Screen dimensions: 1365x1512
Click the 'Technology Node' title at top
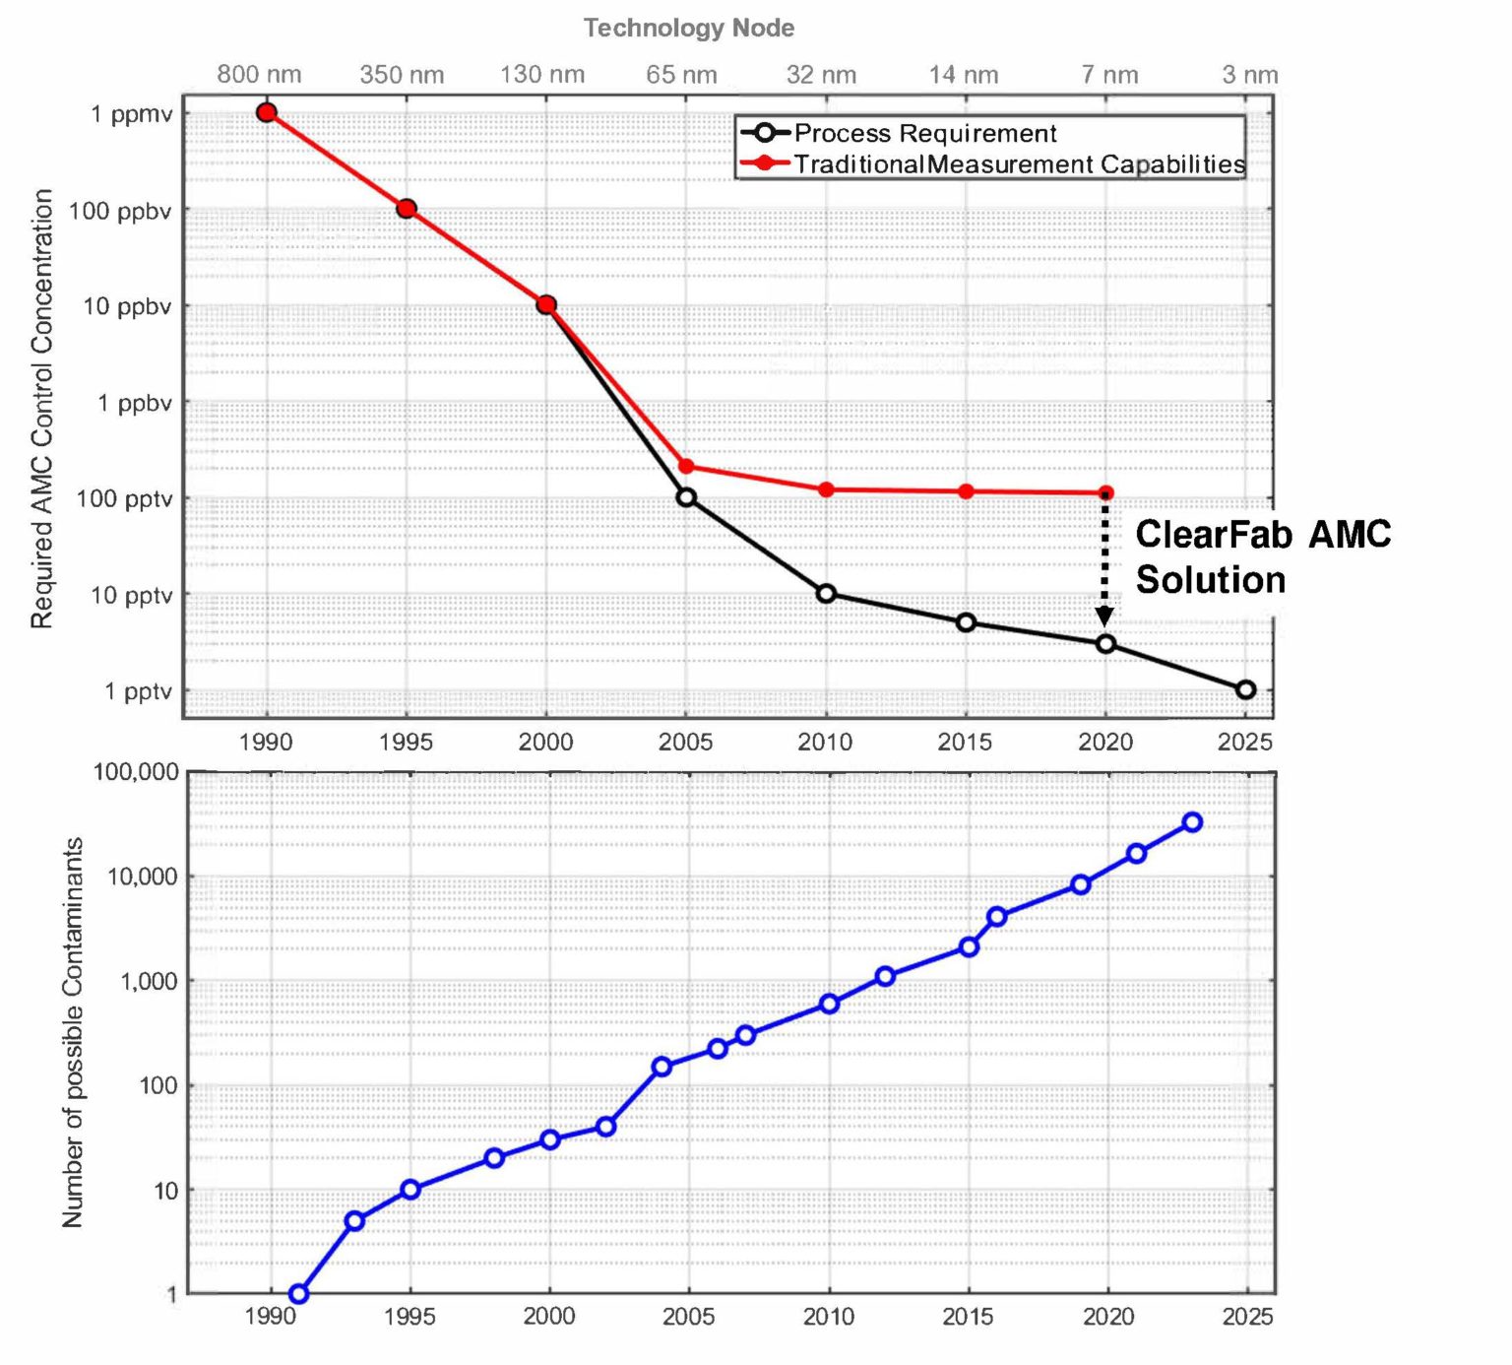(x=688, y=28)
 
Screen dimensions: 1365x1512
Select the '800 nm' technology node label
(x=259, y=75)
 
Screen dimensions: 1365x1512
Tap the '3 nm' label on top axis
(x=1249, y=75)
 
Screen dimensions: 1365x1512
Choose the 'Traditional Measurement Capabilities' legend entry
(x=1018, y=163)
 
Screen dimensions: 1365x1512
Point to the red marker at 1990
(x=266, y=112)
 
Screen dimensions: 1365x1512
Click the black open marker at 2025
(x=1245, y=689)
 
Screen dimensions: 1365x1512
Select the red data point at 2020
(x=1105, y=492)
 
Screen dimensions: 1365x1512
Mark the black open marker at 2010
(x=826, y=593)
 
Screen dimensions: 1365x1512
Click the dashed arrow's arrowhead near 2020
(x=1104, y=617)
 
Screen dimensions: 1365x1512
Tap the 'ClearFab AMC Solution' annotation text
(x=1262, y=556)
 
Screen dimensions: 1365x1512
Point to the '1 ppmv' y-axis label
(x=131, y=114)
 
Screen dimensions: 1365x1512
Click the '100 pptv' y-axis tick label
(x=124, y=499)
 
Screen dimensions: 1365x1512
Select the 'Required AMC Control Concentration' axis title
(x=41, y=409)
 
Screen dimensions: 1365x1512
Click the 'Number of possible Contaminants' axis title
(x=73, y=1032)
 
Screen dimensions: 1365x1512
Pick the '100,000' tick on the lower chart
(x=136, y=772)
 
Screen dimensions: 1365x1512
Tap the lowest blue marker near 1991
(x=298, y=1293)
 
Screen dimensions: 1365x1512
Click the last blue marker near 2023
(x=1192, y=821)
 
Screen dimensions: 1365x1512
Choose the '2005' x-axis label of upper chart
(x=685, y=742)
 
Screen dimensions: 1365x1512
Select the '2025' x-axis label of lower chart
(x=1247, y=1317)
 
